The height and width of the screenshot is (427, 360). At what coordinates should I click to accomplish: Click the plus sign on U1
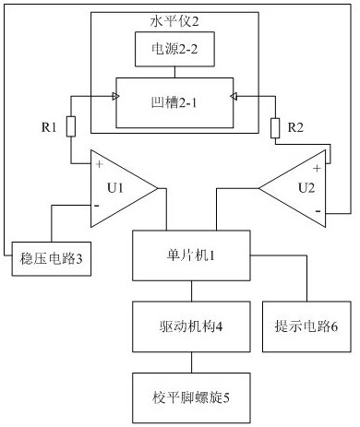click(x=99, y=165)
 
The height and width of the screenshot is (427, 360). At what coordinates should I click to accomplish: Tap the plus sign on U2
click(x=317, y=168)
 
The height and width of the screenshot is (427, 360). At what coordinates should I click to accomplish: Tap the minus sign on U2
click(x=317, y=212)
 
